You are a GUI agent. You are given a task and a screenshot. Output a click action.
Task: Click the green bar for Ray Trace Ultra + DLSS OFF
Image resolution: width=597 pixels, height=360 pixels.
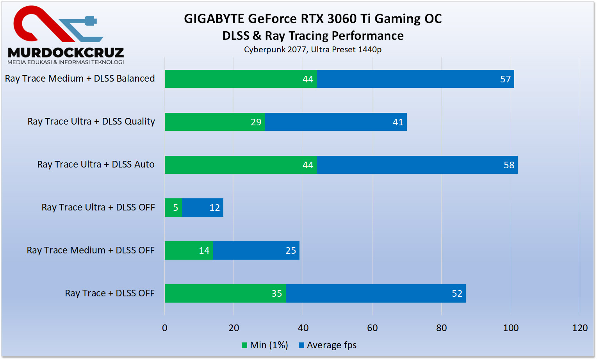[173, 208]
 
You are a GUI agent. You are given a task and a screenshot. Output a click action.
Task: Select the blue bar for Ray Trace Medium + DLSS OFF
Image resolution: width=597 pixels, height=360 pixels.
[256, 251]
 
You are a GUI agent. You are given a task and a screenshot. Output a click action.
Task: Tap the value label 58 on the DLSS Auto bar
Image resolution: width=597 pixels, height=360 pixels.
[509, 165]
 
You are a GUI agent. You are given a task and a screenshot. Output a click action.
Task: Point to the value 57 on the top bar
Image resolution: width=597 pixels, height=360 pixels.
[505, 79]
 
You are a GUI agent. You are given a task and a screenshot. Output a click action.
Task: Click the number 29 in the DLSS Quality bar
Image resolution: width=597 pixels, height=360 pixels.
[256, 122]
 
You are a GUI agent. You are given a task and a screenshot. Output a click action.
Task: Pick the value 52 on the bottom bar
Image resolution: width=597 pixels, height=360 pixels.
[457, 294]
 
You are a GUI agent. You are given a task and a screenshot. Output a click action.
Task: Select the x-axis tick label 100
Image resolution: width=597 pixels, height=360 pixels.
[510, 328]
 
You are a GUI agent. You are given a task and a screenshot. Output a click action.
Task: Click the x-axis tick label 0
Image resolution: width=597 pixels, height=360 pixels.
[165, 328]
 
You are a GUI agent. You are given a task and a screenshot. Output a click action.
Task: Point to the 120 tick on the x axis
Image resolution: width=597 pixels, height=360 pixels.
[579, 328]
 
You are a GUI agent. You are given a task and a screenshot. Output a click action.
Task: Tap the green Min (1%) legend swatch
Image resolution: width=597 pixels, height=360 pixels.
[244, 346]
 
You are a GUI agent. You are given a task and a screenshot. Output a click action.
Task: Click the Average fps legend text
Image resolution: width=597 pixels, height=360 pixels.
[331, 346]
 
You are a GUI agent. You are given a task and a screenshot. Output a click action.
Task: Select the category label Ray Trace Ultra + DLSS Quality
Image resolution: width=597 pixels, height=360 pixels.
[91, 121]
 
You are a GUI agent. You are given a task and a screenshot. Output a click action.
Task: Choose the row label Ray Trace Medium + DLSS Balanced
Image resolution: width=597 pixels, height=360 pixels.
[80, 78]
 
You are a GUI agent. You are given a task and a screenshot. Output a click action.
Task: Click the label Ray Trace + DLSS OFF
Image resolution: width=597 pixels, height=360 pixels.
[110, 293]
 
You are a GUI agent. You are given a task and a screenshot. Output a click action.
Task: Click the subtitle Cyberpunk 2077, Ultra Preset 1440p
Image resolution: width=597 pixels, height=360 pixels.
[313, 50]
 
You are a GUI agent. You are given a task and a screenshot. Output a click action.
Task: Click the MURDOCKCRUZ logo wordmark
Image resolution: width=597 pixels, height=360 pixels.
[66, 53]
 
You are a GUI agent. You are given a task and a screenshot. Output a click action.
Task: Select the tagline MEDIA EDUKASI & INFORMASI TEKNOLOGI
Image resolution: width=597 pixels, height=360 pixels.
[66, 62]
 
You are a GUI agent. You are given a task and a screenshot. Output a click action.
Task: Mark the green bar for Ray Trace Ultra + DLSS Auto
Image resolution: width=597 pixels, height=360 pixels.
[241, 165]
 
